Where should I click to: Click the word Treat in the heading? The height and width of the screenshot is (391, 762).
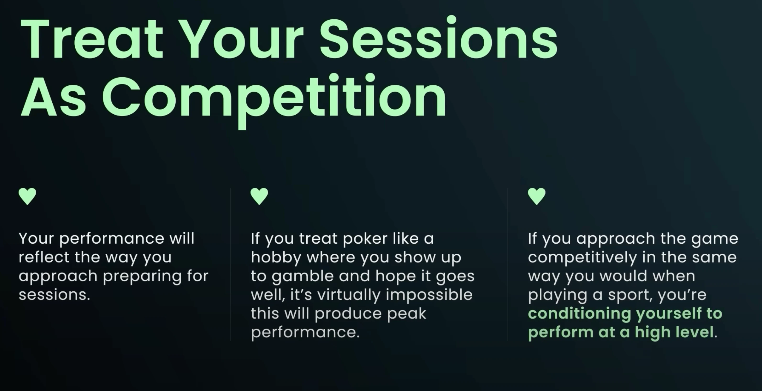[92, 39]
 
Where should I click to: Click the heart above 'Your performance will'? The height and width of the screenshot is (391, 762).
[27, 196]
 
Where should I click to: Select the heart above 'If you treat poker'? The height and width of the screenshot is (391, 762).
[259, 196]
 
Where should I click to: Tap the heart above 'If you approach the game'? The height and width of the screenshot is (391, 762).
[537, 196]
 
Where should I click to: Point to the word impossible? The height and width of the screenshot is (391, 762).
[429, 295]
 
